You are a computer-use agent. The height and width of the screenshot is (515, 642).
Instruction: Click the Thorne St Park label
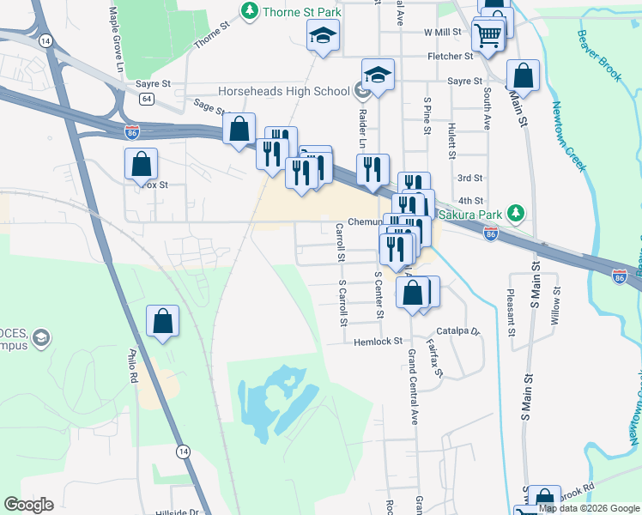point(301,11)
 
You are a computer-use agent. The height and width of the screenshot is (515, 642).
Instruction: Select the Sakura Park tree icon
point(516,211)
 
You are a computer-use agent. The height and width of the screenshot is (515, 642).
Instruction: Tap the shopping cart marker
point(488,36)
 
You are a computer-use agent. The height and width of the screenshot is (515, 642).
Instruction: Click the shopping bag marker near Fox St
point(141,164)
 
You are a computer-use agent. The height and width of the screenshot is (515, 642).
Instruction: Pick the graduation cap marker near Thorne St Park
point(324,35)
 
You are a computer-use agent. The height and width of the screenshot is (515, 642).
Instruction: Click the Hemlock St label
point(379,342)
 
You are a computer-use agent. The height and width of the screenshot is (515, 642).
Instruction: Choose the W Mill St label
point(443,32)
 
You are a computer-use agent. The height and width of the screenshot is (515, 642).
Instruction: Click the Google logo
point(28,505)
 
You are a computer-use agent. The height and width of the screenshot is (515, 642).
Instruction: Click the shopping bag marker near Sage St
point(239,130)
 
